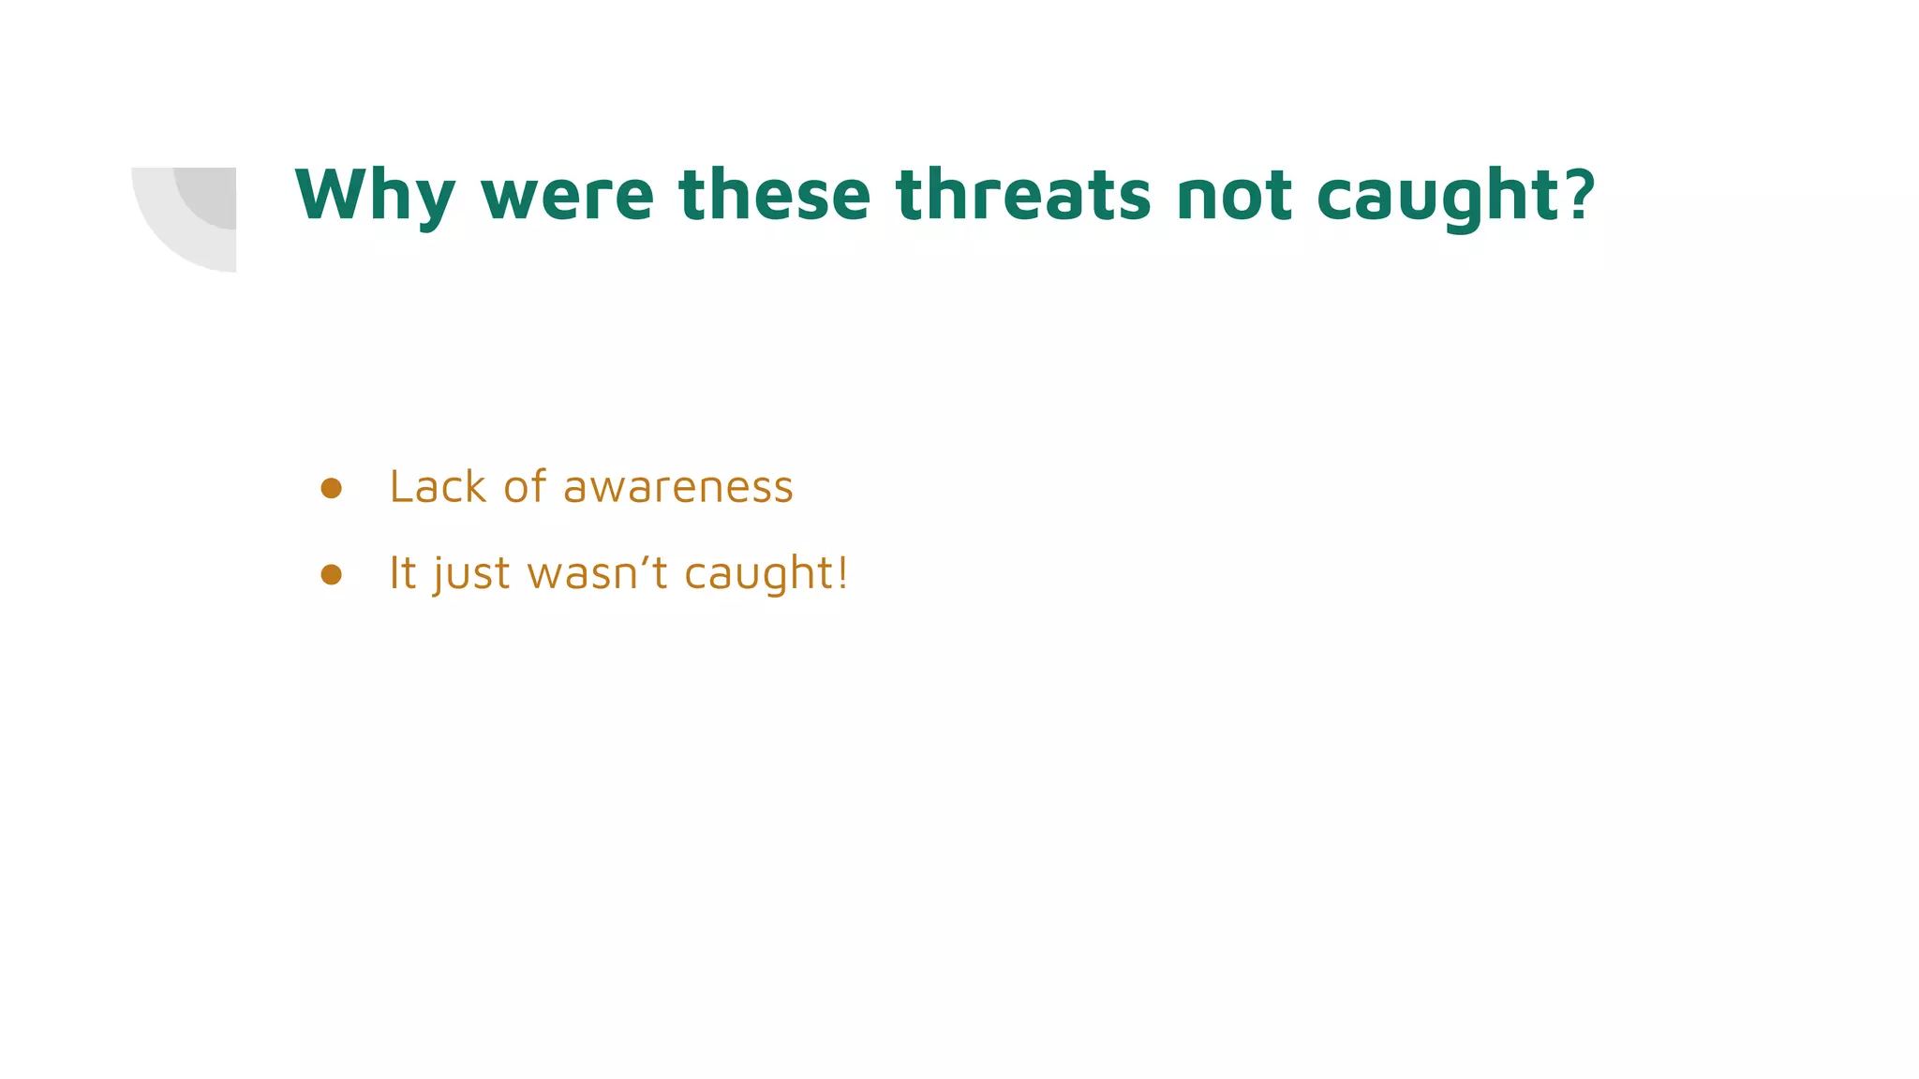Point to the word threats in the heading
(x=1023, y=195)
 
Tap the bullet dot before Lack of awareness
(x=331, y=488)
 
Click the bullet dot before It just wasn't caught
(x=331, y=574)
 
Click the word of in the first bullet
(x=525, y=487)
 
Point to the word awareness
(x=677, y=488)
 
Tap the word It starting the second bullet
(x=402, y=572)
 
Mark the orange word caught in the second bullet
(x=760, y=574)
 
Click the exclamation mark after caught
(x=842, y=572)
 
